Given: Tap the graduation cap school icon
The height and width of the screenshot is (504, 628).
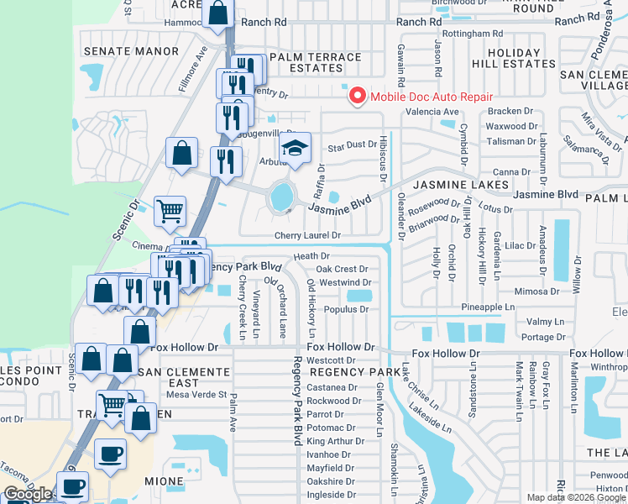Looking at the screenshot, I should (x=295, y=149).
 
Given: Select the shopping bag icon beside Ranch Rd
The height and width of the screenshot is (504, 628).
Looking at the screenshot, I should (x=217, y=13).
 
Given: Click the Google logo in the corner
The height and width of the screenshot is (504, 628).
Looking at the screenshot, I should (x=29, y=494).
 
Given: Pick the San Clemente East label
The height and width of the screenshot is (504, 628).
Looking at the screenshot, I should (x=184, y=377).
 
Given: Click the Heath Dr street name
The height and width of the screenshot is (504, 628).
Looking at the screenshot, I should (x=311, y=255).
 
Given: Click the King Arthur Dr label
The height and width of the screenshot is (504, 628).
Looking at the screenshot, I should (x=332, y=441).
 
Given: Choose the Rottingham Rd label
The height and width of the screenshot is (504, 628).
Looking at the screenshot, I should (x=474, y=34).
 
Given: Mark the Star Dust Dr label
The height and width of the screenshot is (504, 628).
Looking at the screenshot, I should (x=352, y=144).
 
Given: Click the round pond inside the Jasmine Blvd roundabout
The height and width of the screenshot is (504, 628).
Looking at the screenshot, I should (x=282, y=198).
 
